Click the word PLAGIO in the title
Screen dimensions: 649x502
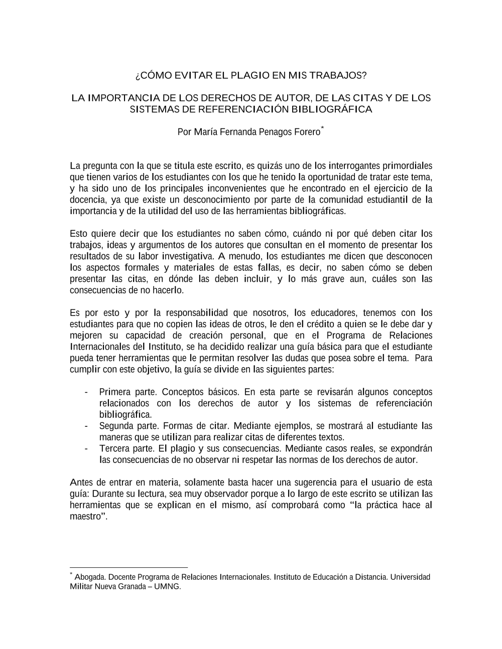249,76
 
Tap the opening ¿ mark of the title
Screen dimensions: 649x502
138,77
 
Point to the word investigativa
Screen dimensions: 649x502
188,256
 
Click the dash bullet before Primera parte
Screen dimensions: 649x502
88,392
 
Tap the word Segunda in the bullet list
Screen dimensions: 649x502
116,426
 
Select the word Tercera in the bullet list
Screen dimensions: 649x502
115,448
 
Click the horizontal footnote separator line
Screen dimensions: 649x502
129,568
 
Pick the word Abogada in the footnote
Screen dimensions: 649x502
89,577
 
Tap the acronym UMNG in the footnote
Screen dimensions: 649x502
170,586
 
